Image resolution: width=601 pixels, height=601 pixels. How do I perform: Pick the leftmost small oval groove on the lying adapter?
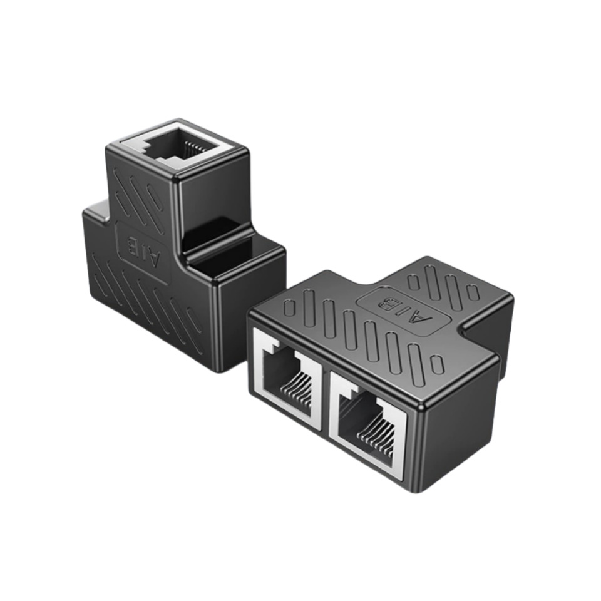click(289, 307)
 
